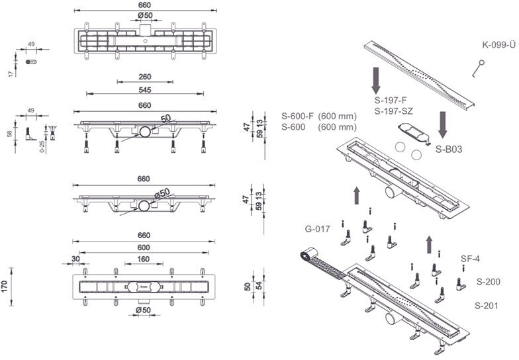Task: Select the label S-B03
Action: click(x=448, y=150)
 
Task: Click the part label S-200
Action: click(x=489, y=282)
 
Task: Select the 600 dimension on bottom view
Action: click(x=144, y=247)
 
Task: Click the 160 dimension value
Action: click(x=144, y=259)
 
